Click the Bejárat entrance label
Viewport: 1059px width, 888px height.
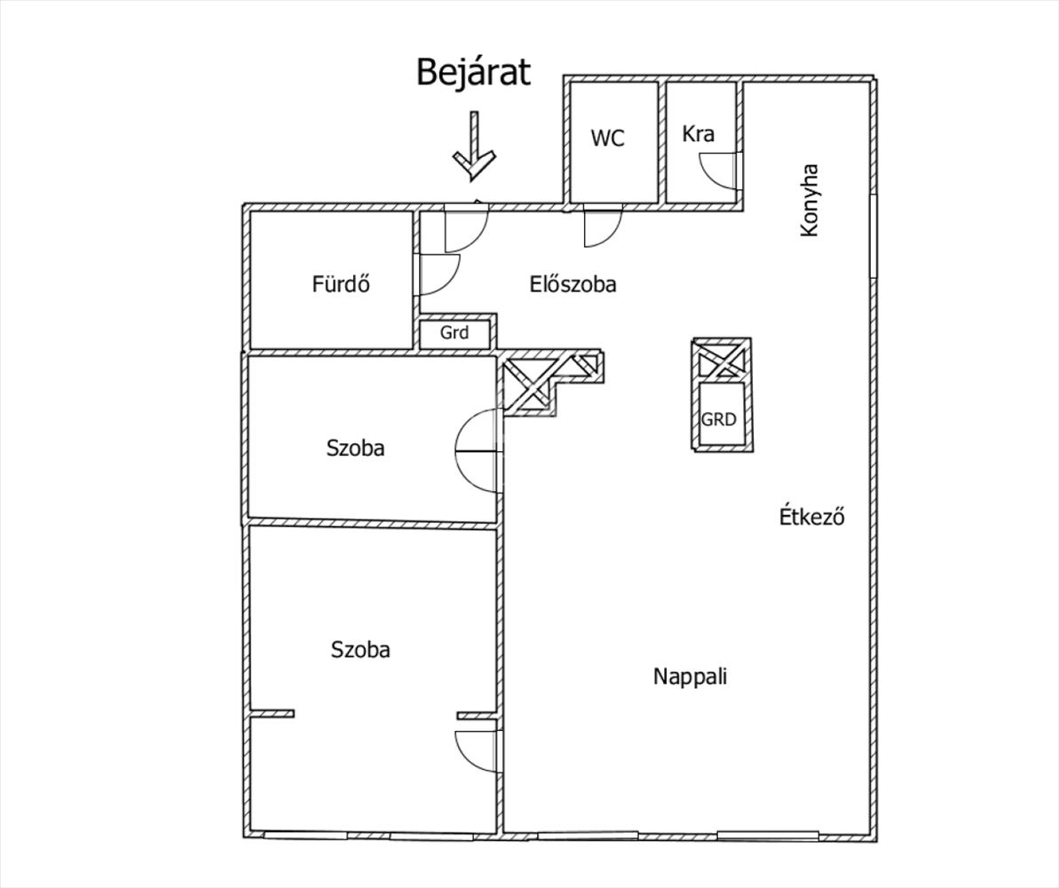[x=473, y=72]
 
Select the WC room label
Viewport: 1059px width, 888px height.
[x=608, y=138]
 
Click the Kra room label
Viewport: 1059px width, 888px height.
[x=698, y=134]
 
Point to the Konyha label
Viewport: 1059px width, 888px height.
[x=809, y=200]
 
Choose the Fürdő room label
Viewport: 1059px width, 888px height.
[x=340, y=284]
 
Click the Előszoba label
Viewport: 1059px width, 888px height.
[x=573, y=284]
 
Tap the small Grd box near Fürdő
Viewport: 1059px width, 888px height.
[x=454, y=334]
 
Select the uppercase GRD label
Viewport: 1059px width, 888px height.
[x=719, y=419]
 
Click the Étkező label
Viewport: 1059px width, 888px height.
[x=811, y=516]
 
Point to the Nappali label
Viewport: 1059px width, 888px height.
[x=690, y=677]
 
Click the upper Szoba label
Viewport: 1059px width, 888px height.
[x=355, y=448]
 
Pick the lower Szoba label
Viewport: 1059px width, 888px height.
[x=360, y=650]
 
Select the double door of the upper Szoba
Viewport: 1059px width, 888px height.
[x=478, y=451]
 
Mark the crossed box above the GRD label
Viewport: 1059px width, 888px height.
[x=721, y=361]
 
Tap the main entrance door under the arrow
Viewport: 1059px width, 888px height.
[x=464, y=226]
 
